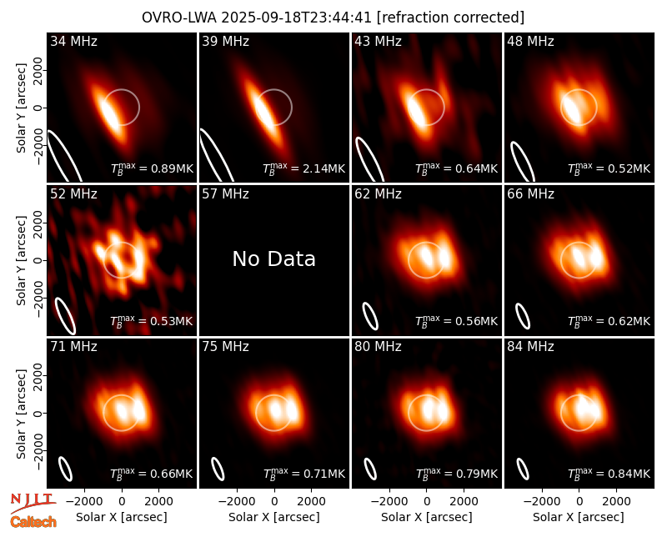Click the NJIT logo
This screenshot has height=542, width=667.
(33, 502)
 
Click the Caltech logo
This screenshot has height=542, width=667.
(33, 522)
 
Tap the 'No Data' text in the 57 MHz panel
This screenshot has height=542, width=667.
(274, 258)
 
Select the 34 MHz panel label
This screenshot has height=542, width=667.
(73, 41)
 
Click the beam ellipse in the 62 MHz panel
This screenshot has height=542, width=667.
(370, 316)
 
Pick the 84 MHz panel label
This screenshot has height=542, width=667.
(530, 347)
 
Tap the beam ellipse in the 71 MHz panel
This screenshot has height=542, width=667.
(65, 469)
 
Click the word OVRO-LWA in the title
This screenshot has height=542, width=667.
(178, 18)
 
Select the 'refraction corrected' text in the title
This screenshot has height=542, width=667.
(450, 18)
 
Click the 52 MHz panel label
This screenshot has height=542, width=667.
(73, 194)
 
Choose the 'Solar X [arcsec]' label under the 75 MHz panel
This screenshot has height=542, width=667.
(274, 517)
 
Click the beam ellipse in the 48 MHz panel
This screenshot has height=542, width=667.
(523, 161)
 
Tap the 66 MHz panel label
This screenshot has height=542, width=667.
(530, 194)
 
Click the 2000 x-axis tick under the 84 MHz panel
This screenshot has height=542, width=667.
(616, 501)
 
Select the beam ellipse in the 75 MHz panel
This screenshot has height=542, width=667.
(218, 469)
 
